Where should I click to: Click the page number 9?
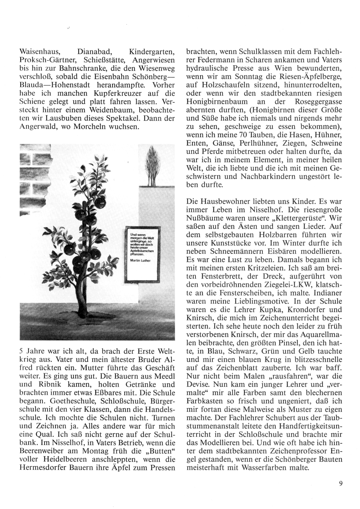pos(340,484)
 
